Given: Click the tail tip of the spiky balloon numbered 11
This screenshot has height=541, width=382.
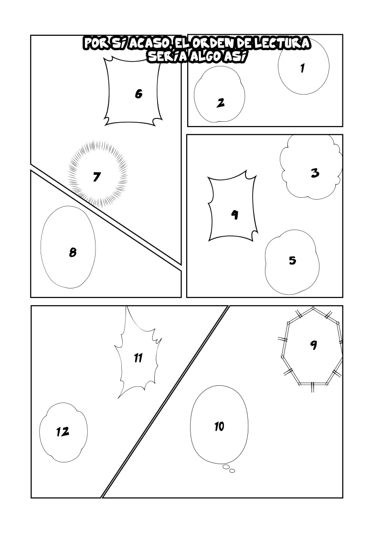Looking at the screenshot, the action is pos(118,398).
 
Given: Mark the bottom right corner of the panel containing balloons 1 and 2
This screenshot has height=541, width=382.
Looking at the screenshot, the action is pos(342,126).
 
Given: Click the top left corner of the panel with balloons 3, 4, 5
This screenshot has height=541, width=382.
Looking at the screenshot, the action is pos(187,135).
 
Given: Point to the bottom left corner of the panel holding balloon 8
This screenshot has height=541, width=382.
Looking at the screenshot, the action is pos(31,297).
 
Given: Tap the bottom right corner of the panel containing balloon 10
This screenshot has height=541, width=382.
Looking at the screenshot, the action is pos(342,498).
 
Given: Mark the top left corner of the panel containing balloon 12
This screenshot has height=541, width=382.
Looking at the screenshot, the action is pos(32,306).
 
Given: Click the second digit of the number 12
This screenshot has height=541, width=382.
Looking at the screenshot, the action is pos(65,432).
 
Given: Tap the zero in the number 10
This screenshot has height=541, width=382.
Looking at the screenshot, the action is pos(221,426).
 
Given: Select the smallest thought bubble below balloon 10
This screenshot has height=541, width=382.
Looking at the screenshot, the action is pos(232,471).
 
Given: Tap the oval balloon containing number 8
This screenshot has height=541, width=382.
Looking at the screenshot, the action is pos(68,247).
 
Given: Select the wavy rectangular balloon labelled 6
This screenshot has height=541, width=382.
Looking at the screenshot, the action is pos(133,91).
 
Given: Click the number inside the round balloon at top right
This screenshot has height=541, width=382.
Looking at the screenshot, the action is pos(303,68).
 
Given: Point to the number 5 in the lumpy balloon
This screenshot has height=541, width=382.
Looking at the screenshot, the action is pos(293,260).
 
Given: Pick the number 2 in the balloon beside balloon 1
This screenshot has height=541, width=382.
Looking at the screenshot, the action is pos(221,103).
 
